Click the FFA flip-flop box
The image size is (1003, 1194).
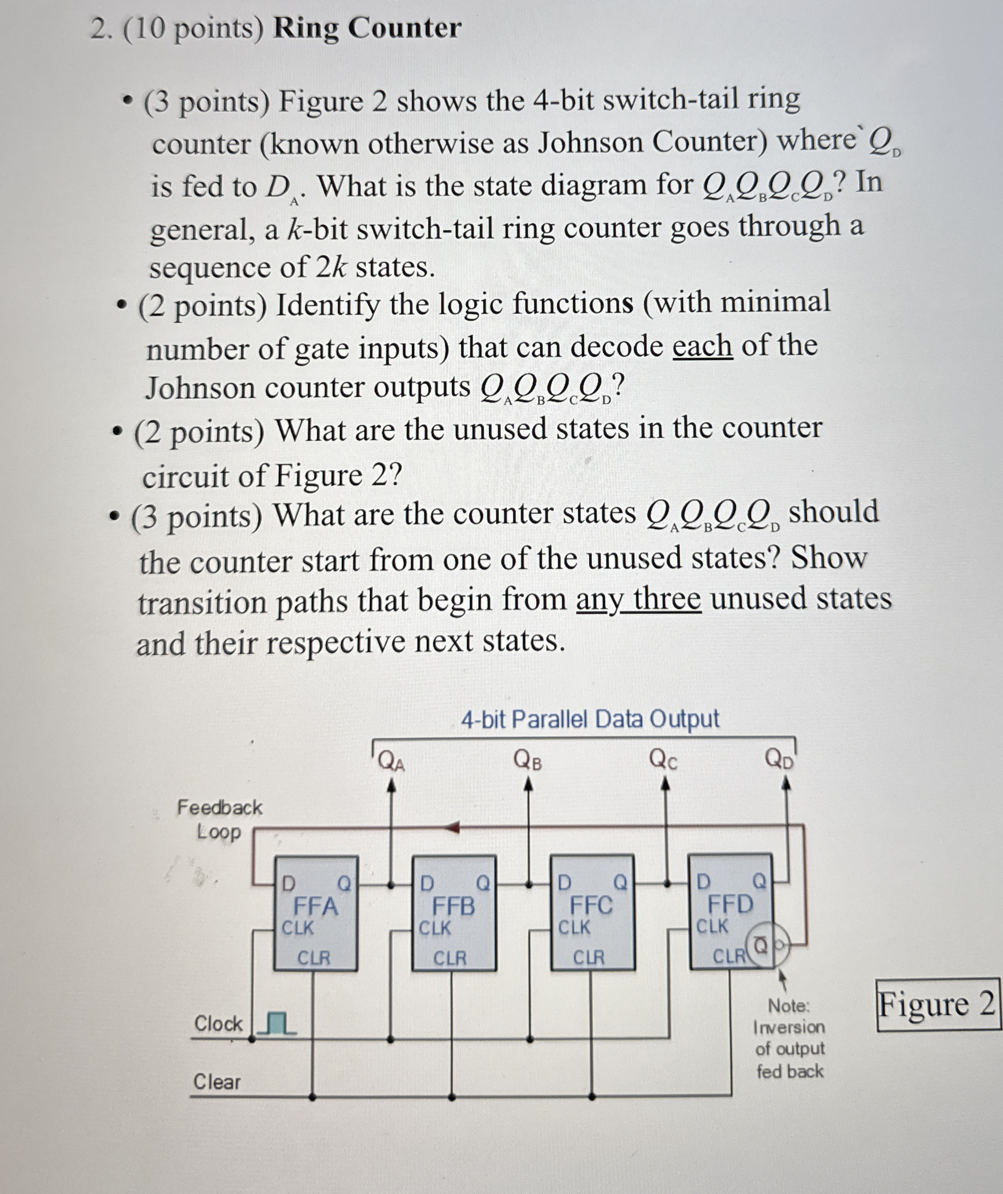316,913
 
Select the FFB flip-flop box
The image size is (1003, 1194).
454,913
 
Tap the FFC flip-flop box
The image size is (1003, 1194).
592,912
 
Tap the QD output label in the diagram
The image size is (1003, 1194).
780,759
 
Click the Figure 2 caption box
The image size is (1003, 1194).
937,1004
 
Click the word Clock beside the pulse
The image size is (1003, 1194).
218,1024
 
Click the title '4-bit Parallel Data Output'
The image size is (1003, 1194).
590,719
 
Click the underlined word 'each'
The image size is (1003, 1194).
702,346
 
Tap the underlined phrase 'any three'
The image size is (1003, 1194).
639,599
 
